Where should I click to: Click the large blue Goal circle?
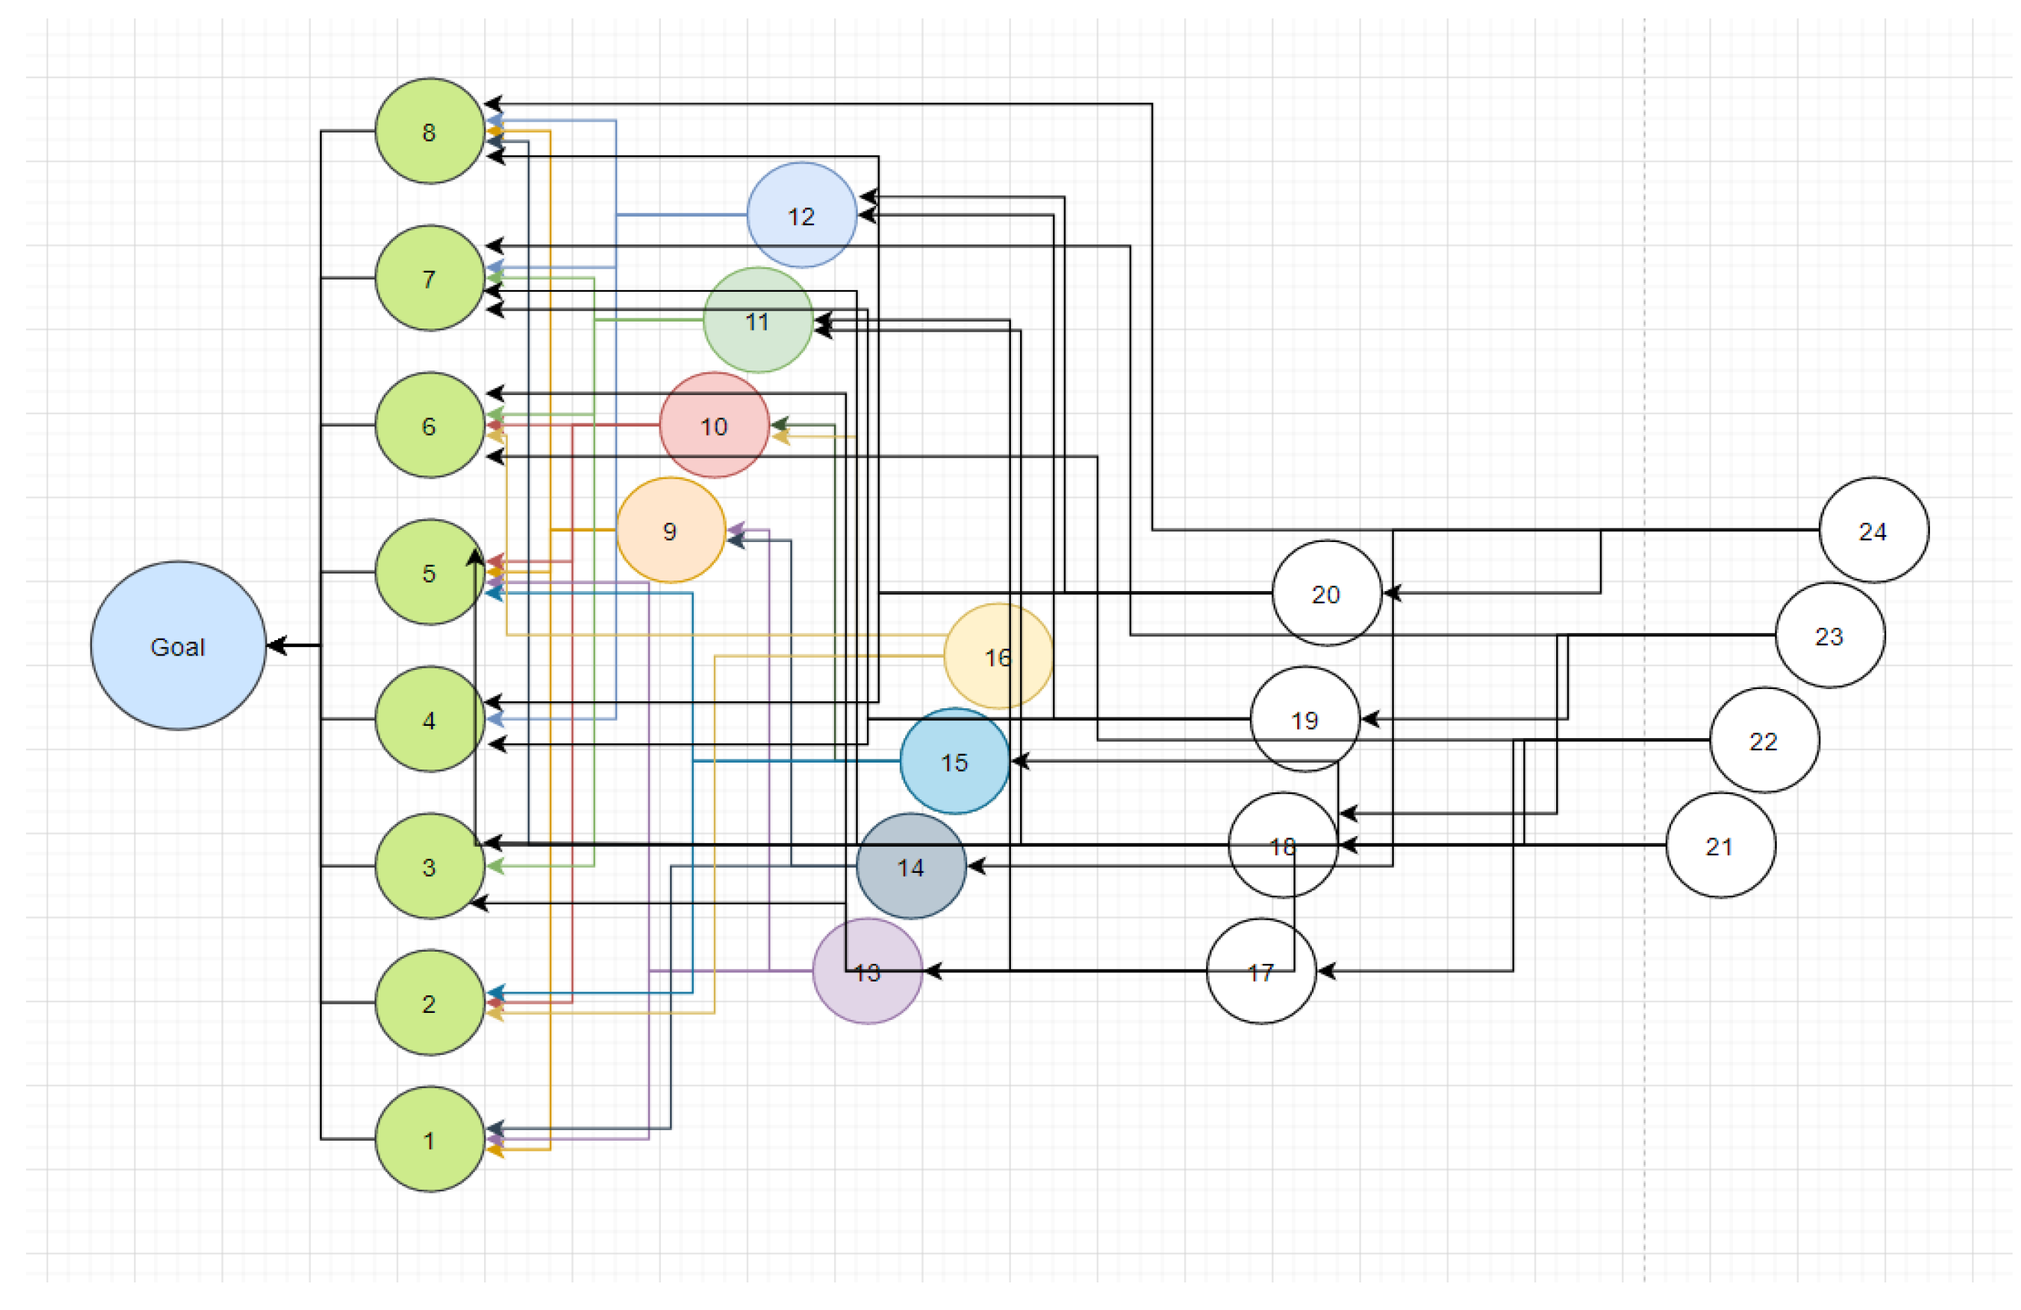coord(178,646)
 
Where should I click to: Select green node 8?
coord(430,132)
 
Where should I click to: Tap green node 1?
coord(430,1139)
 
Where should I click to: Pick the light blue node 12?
coord(802,216)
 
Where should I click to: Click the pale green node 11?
coord(757,321)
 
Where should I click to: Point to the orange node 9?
coord(671,531)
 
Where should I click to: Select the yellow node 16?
coord(998,656)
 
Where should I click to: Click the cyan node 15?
coord(954,762)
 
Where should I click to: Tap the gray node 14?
coord(911,867)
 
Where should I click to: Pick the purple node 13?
coord(867,972)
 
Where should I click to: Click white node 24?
coord(1873,531)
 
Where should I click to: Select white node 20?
coord(1326,593)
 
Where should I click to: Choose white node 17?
coord(1261,972)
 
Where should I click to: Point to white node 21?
coord(1720,845)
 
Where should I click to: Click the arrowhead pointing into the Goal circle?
coord(275,646)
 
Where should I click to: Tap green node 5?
coord(430,573)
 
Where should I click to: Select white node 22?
coord(1764,741)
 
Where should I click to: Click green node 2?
coord(430,1004)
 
